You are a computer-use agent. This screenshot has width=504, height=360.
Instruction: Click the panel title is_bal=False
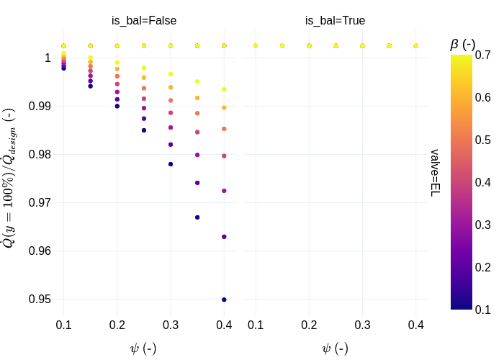click(144, 21)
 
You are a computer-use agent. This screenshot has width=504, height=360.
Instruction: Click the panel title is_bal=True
click(335, 21)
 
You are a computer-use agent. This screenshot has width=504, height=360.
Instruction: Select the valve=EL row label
click(435, 173)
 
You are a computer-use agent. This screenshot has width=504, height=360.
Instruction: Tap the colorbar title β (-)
click(462, 45)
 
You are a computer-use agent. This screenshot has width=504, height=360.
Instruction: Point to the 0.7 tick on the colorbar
click(483, 55)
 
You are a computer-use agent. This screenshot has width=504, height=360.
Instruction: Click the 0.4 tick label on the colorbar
click(483, 182)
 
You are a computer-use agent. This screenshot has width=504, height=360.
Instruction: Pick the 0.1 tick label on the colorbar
click(483, 310)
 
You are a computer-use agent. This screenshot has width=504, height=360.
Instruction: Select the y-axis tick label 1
click(48, 58)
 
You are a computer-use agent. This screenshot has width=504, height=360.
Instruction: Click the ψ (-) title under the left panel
click(143, 348)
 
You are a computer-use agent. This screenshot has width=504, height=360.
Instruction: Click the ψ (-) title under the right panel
click(335, 348)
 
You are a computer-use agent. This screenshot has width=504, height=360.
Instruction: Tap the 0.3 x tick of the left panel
click(171, 325)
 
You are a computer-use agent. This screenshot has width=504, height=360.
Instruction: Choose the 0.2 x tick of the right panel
click(309, 325)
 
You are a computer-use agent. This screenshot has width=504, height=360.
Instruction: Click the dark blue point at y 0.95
click(224, 300)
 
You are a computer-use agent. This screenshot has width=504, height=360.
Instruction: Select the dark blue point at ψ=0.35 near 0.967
click(197, 217)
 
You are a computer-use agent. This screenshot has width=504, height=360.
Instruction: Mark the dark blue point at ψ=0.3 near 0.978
click(171, 164)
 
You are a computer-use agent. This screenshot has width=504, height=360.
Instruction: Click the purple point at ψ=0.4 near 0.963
click(224, 237)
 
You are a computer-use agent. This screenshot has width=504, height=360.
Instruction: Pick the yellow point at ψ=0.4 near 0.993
click(224, 89)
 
